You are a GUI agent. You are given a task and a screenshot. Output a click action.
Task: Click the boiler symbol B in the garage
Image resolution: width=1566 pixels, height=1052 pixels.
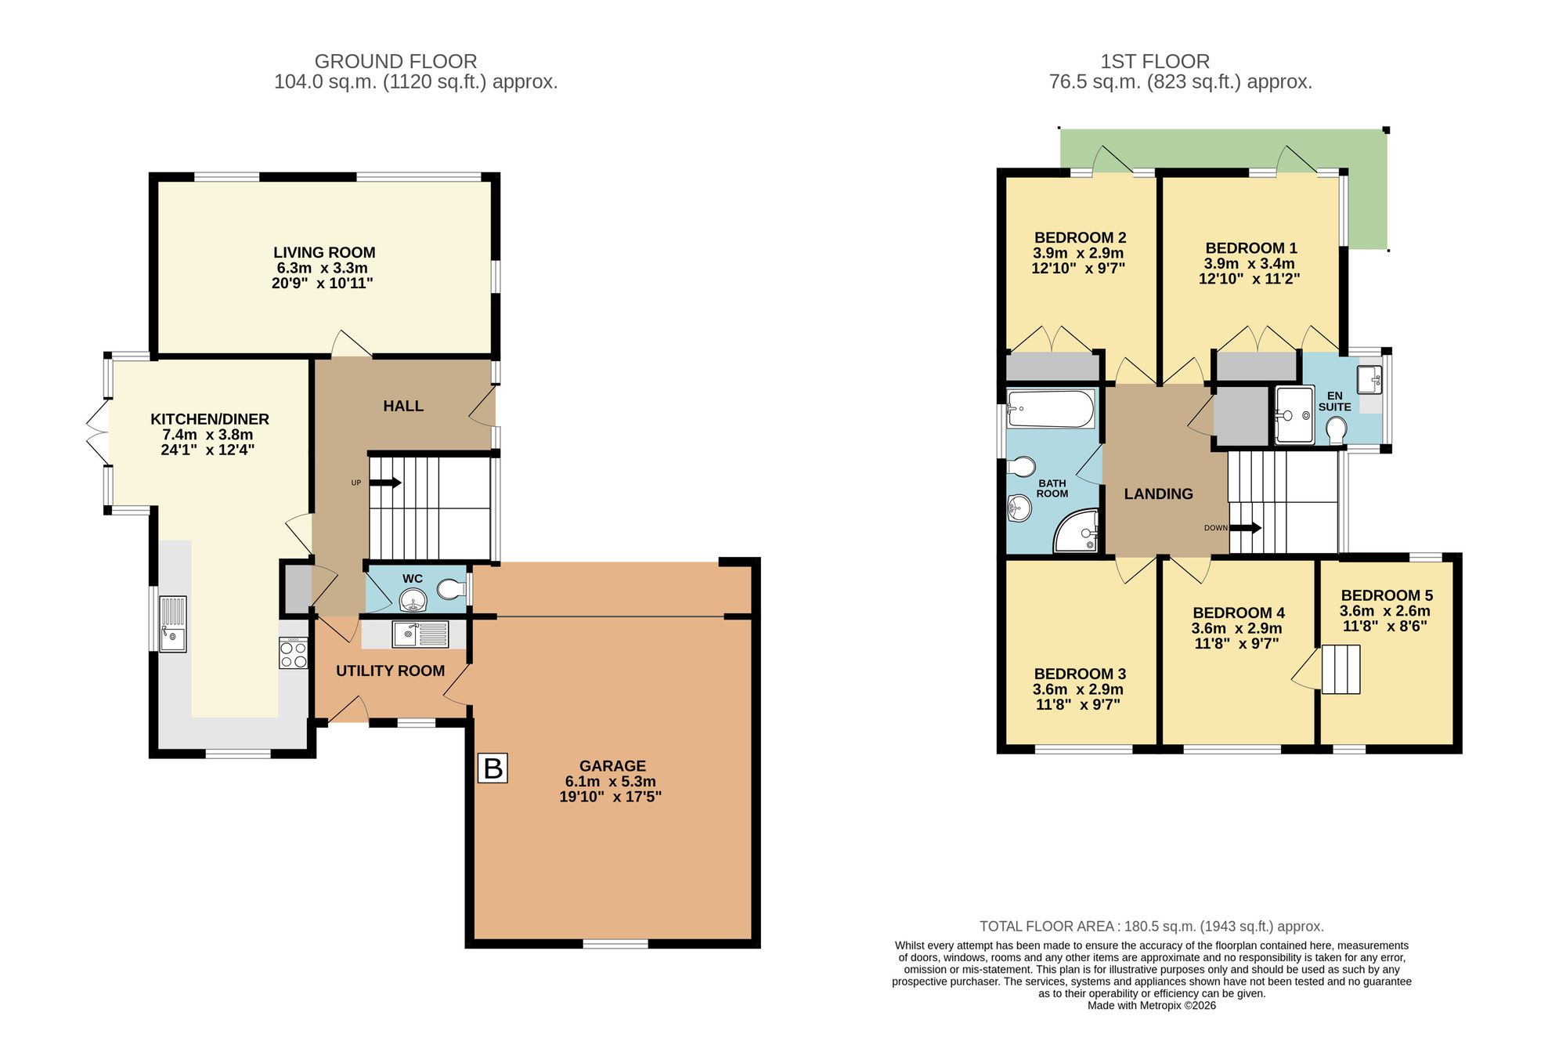[493, 768]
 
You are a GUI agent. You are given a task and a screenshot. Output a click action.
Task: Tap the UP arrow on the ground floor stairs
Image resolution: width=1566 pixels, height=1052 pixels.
[384, 483]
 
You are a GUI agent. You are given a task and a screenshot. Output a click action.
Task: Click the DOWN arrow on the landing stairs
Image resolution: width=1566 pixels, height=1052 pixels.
[1245, 528]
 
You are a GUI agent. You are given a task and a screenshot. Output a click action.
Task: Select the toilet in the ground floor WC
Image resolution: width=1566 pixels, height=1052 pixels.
[450, 589]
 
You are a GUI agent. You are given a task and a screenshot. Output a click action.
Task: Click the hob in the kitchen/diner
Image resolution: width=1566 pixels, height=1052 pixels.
[294, 653]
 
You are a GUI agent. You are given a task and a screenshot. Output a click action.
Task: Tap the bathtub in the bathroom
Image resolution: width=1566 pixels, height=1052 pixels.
[1050, 409]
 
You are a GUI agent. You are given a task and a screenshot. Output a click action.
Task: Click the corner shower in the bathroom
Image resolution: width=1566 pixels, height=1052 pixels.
[1077, 531]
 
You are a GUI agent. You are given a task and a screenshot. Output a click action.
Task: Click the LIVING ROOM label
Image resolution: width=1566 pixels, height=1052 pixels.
[324, 252]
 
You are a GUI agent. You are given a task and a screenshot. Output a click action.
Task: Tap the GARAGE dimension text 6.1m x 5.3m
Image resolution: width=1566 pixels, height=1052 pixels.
[610, 782]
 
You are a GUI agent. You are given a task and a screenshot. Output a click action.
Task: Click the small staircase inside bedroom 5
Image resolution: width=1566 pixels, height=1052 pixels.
[1341, 669]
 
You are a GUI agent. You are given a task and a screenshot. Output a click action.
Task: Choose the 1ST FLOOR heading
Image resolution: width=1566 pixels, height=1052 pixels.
[1155, 61]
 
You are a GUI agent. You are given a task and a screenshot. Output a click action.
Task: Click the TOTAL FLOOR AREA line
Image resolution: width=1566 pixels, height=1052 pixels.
[1151, 926]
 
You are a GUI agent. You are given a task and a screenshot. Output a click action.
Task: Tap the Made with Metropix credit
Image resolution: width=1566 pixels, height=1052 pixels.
[1151, 1006]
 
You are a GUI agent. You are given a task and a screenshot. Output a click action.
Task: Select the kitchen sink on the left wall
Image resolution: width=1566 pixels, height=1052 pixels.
[172, 624]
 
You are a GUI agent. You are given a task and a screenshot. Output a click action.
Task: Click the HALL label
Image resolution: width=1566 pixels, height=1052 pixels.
[403, 406]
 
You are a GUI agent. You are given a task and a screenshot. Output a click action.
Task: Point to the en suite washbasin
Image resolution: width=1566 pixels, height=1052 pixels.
[1370, 380]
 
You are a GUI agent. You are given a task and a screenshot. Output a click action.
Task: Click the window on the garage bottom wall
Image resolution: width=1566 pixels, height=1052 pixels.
[615, 944]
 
